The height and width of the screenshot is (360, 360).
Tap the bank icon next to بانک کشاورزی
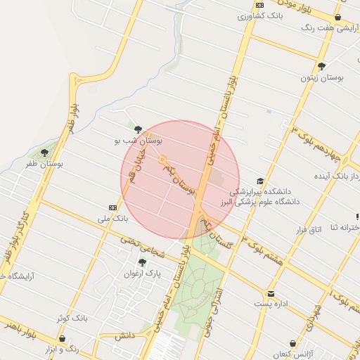[259, 5]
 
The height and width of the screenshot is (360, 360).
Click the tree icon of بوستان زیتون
[321, 67]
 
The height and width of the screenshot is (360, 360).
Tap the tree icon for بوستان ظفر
[45, 152]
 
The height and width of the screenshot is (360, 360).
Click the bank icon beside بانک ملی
[112, 207]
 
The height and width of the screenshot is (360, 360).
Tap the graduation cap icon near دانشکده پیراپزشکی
[261, 181]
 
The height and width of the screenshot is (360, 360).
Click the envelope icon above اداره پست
[271, 294]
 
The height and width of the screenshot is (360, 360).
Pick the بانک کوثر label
[72, 319]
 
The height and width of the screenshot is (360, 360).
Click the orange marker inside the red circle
[162, 160]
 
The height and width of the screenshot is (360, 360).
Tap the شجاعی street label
[156, 250]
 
